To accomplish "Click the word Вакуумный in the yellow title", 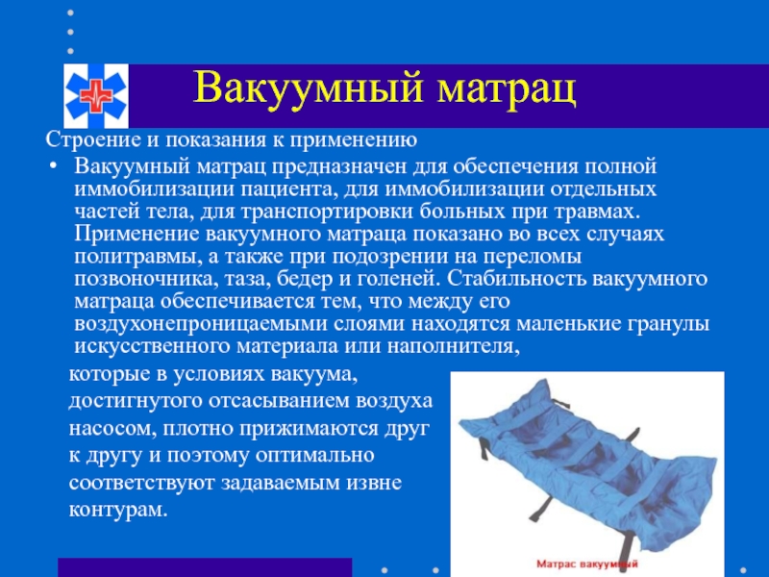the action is [x=308, y=88].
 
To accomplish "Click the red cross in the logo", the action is [x=95, y=96].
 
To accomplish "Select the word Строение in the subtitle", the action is [x=93, y=139].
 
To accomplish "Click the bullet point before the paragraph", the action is [x=53, y=166].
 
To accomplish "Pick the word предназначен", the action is [x=339, y=166].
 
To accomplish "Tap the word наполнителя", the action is [x=453, y=346].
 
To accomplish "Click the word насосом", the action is [x=111, y=428].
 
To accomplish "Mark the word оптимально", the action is [x=315, y=455].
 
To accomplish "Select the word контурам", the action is [x=118, y=510].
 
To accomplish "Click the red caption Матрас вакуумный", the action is [x=587, y=564].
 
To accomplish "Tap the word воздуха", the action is [x=394, y=401].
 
